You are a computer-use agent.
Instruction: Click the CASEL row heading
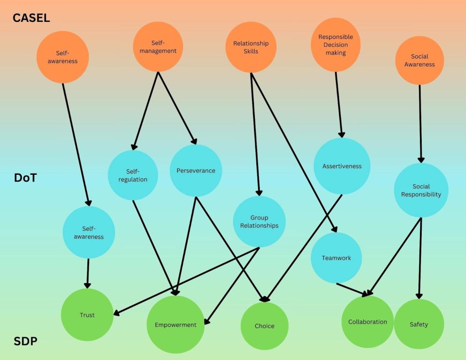coord(31,18)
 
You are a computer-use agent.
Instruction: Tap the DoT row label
coord(25,178)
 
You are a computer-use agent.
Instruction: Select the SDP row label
coord(25,341)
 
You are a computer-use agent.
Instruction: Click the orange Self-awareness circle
coord(63,57)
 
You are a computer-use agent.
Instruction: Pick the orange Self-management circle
coord(158,46)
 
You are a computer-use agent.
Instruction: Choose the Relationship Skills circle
coord(251,47)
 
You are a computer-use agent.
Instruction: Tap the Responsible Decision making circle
coord(335,45)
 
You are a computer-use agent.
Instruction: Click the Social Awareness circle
coord(419,60)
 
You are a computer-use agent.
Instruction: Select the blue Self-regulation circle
coord(133,175)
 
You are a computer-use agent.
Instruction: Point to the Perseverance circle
coord(196,171)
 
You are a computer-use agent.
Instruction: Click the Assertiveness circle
coord(342,166)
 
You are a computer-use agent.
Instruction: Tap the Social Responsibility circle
coord(421,190)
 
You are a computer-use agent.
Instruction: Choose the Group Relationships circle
coord(259,222)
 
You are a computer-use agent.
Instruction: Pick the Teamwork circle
coord(336,258)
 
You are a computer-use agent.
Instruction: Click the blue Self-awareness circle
coord(89,233)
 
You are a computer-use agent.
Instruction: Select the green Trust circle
coord(87,315)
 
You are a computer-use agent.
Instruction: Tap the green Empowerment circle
coord(175,325)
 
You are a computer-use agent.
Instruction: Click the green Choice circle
coord(264,326)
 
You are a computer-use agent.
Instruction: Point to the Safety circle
coord(419,324)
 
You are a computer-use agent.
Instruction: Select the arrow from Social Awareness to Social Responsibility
coord(420,123)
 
